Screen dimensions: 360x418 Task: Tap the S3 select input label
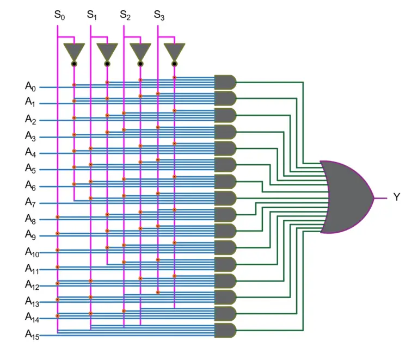tap(159, 15)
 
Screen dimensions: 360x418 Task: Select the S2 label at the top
tap(125, 15)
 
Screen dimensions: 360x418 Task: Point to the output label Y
tap(396, 197)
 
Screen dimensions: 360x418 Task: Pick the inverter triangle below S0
tap(73, 52)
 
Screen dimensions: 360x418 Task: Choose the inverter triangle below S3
tap(174, 52)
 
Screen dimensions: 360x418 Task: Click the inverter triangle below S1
tap(107, 52)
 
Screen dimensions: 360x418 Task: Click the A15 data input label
tap(32, 334)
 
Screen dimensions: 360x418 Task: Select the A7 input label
tap(30, 202)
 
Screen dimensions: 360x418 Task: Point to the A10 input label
tap(32, 251)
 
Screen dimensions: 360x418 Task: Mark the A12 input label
tap(32, 284)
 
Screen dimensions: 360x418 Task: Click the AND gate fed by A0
tap(225, 82)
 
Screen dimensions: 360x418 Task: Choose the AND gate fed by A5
tap(225, 165)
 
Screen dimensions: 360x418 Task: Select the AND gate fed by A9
tap(225, 231)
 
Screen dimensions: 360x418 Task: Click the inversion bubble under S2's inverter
tap(140, 64)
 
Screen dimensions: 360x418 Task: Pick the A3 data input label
tap(30, 135)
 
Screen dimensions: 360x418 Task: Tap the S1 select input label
tap(92, 15)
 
